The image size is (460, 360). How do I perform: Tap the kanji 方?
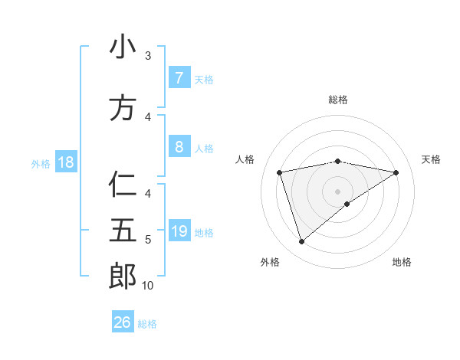click(x=123, y=108)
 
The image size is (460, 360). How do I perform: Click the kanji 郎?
click(x=123, y=277)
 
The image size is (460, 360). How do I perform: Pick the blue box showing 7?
click(x=179, y=78)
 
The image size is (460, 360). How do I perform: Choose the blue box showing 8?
click(x=179, y=147)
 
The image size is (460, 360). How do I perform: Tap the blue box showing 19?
click(x=179, y=231)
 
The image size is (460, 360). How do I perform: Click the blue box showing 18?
click(x=65, y=162)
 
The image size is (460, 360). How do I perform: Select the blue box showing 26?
click(x=123, y=322)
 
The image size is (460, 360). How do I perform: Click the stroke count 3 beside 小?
click(x=148, y=56)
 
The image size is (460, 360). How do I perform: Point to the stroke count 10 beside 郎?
click(x=148, y=285)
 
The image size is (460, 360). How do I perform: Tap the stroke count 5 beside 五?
click(x=148, y=240)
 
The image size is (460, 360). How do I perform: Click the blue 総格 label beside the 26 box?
click(x=147, y=324)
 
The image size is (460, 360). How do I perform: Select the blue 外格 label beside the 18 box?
click(x=40, y=163)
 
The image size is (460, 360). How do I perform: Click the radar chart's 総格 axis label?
click(x=337, y=100)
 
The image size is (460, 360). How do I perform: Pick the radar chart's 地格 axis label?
click(x=402, y=262)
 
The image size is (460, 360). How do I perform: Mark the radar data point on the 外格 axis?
click(x=301, y=242)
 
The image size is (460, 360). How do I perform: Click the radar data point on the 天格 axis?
click(x=396, y=172)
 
